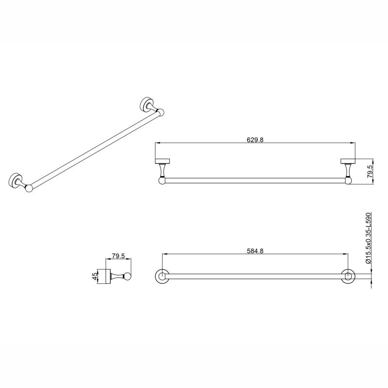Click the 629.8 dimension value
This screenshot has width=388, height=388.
click(255, 139)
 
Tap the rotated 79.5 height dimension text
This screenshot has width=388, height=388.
click(370, 172)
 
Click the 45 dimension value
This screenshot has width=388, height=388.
click(95, 276)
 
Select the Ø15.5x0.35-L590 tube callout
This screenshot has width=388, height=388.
click(368, 238)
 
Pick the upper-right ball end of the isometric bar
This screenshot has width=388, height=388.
click(161, 113)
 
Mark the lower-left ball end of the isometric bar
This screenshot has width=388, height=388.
click(29, 188)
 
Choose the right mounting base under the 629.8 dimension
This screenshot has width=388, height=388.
click(347, 162)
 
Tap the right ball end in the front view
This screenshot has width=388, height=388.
click(347, 181)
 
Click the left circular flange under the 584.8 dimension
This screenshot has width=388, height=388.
click(162, 276)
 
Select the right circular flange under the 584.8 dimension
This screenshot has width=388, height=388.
click(348, 276)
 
